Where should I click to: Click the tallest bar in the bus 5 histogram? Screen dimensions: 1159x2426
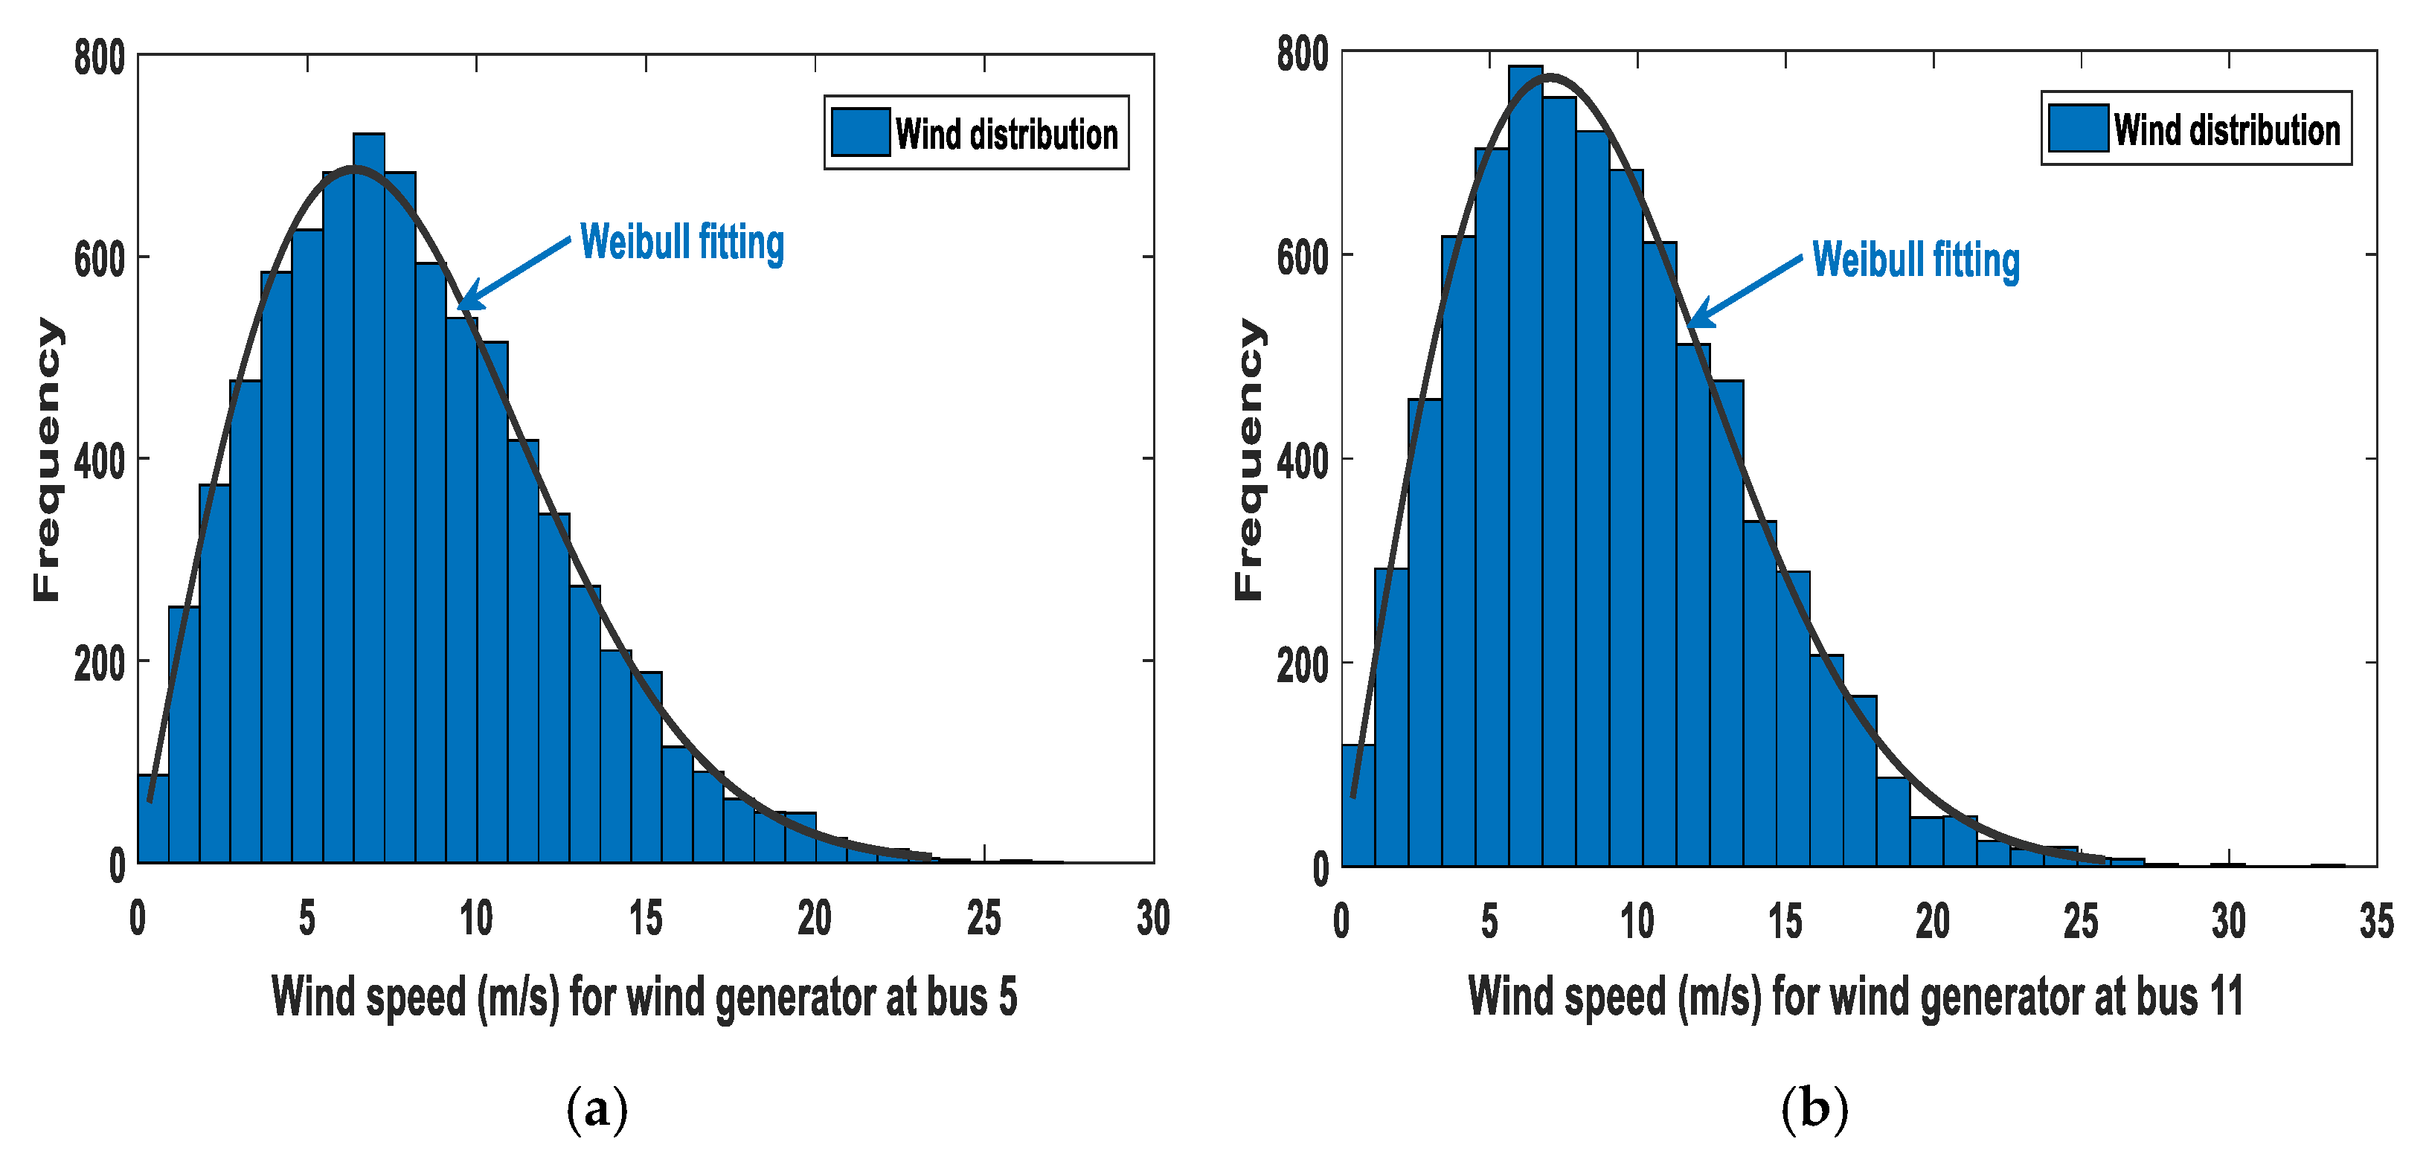pyautogui.click(x=368, y=499)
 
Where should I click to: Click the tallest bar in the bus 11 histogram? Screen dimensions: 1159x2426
pyautogui.click(x=1525, y=471)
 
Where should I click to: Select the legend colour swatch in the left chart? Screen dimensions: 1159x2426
pyautogui.click(x=860, y=132)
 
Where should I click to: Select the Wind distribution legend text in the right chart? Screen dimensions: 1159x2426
pyautogui.click(x=2227, y=129)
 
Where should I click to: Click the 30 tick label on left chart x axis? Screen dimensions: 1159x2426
pyautogui.click(x=1152, y=918)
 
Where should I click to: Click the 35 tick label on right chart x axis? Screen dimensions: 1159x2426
pyautogui.click(x=2376, y=921)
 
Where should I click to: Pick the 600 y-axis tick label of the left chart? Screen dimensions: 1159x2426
pyautogui.click(x=100, y=260)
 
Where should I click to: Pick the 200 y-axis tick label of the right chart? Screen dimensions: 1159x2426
pyautogui.click(x=1303, y=666)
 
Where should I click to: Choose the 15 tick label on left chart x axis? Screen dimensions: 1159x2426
pyautogui.click(x=645, y=918)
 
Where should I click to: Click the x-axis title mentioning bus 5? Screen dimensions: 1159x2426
pyautogui.click(x=644, y=997)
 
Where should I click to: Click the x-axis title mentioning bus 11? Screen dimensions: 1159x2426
pyautogui.click(x=1855, y=997)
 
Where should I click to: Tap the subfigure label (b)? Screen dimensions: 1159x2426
pyautogui.click(x=1813, y=1108)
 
